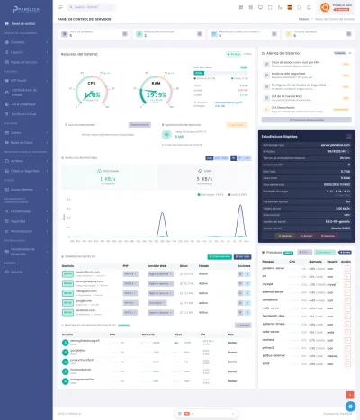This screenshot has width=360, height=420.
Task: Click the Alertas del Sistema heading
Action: tap(286, 54)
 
